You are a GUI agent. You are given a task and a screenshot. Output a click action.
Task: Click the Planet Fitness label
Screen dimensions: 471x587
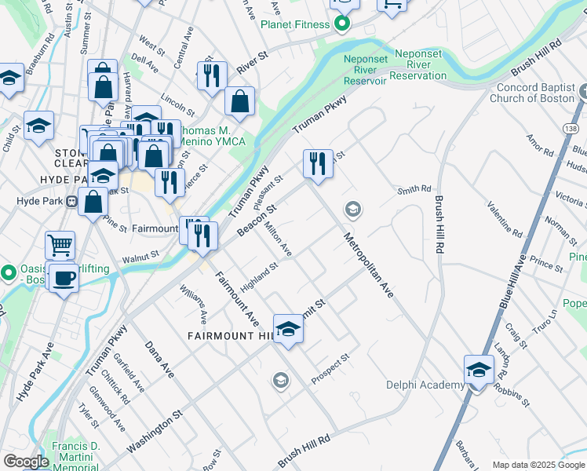(x=295, y=24)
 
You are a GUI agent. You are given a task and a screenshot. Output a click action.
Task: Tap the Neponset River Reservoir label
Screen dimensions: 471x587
(x=365, y=69)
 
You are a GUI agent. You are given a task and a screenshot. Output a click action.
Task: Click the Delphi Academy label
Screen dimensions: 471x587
(x=425, y=385)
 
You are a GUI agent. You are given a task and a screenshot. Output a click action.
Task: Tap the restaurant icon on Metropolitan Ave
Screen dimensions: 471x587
(x=318, y=164)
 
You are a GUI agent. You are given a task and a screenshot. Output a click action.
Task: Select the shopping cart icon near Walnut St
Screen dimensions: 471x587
(x=60, y=246)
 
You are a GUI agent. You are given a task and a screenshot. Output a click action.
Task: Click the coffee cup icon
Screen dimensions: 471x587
(x=64, y=277)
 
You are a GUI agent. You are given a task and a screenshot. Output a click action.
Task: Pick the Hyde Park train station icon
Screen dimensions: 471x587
(x=71, y=201)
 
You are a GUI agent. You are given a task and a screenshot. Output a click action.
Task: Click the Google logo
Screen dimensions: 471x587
(x=25, y=462)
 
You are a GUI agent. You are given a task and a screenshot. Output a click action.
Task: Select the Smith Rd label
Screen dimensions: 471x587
(x=414, y=189)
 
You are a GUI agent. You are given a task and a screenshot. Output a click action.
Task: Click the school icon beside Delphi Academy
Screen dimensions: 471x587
(x=478, y=369)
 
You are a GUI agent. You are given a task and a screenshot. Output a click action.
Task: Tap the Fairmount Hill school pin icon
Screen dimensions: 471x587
(x=288, y=328)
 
